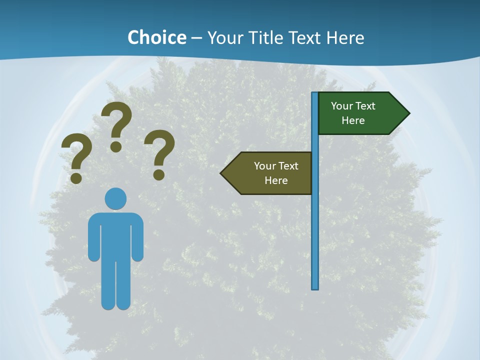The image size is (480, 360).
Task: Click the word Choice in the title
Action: (156, 37)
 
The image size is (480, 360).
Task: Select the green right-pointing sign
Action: (360, 113)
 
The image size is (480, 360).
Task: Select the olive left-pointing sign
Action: (270, 173)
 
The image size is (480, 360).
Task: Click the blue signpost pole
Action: (315, 225)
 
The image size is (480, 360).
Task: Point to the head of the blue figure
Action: (115, 198)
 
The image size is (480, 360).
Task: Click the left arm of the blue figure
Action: (94, 240)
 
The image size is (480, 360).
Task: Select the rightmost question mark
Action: (159, 150)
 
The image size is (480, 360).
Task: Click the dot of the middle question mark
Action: (116, 146)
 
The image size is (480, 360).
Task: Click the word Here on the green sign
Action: (353, 120)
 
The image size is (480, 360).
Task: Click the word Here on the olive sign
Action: (276, 180)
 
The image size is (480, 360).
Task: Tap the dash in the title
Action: (196, 38)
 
